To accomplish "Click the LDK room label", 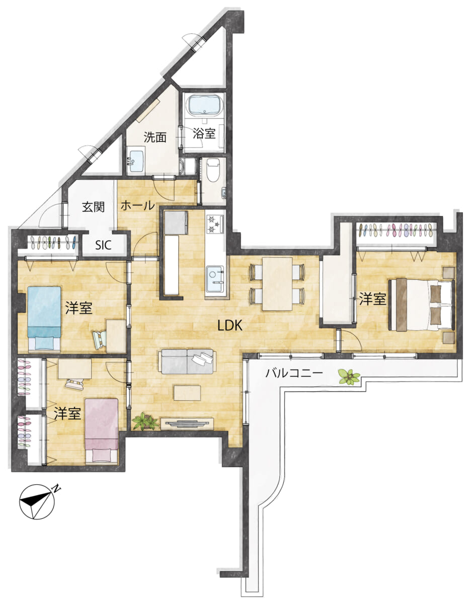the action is (x=230, y=325).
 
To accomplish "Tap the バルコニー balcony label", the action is (x=294, y=373).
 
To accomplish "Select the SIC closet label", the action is (x=103, y=245).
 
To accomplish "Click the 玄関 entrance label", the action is (x=94, y=207).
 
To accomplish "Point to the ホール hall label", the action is (x=137, y=205).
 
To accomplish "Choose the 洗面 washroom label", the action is (x=155, y=137).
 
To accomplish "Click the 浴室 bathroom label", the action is (x=204, y=134).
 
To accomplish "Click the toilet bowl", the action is (x=213, y=170).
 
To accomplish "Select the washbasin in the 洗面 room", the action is (x=136, y=161).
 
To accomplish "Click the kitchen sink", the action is (x=215, y=279).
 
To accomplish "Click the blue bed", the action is (x=44, y=318).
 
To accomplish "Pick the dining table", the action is (x=277, y=284).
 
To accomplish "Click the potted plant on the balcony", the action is (x=349, y=377).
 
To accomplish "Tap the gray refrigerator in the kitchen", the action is (x=176, y=222).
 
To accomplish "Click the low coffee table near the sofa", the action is (x=187, y=393).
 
